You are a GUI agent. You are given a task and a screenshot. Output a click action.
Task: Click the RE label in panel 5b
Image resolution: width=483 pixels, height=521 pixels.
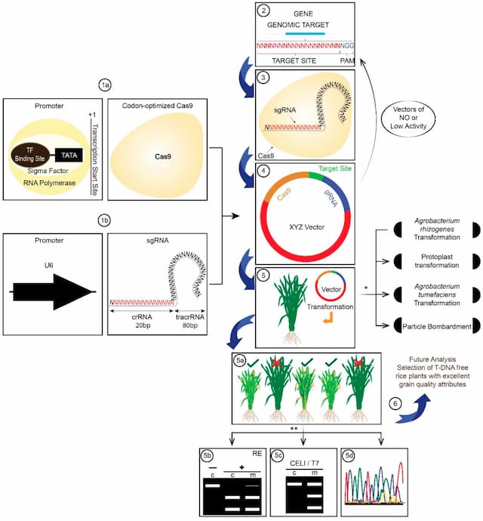tap(257, 455)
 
